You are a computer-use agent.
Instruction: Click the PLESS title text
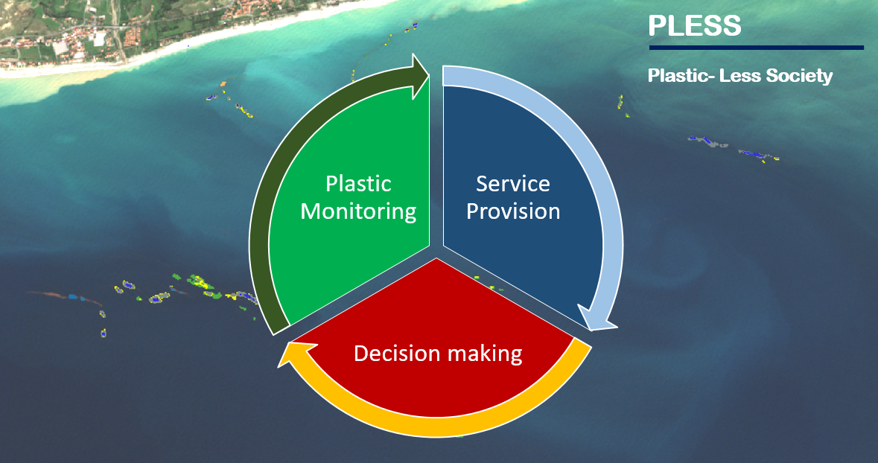[694, 25]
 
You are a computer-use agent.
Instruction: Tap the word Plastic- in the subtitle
[678, 75]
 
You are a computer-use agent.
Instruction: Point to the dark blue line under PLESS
[757, 48]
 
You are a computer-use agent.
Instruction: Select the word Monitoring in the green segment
[358, 211]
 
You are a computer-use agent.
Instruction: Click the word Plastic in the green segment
[358, 184]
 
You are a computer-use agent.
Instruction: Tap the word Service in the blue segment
[513, 184]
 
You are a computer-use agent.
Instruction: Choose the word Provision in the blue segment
[513, 211]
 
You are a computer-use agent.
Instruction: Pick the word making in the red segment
[482, 354]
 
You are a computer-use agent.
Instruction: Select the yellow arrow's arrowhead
[294, 354]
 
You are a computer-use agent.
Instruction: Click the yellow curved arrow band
[436, 427]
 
